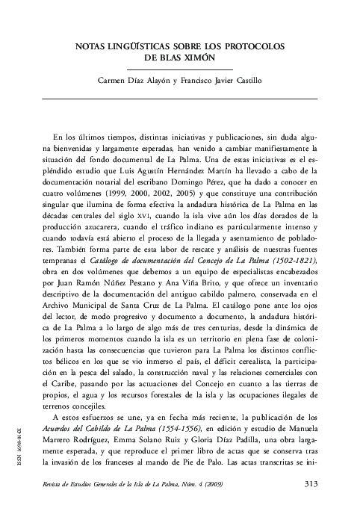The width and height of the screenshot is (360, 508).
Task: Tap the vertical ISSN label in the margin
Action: point(28,446)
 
